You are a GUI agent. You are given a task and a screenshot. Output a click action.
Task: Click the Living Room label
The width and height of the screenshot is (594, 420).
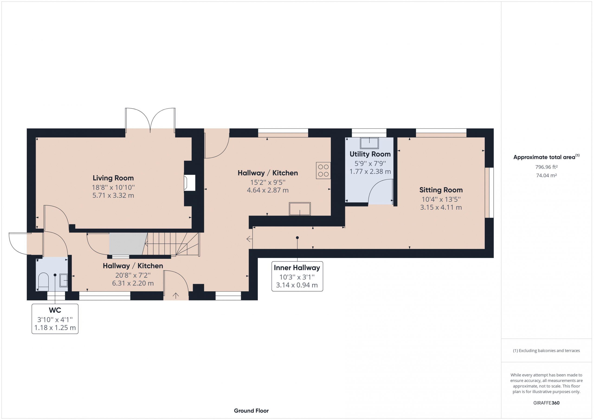click(113, 178)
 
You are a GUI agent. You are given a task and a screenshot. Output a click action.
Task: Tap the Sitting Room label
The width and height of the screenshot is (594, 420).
click(441, 190)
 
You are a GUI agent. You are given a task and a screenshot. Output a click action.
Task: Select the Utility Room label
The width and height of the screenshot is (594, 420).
click(370, 154)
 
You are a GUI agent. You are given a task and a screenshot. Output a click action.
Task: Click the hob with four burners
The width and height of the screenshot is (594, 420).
click(323, 170)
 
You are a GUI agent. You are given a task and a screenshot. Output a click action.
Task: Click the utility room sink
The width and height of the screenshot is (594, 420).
click(369, 143)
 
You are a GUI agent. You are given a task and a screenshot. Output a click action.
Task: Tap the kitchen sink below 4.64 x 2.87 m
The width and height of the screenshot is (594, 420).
click(300, 209)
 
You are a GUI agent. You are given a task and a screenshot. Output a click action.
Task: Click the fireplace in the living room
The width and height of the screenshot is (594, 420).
click(189, 183)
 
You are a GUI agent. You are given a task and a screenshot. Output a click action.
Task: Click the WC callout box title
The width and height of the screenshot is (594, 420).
click(55, 310)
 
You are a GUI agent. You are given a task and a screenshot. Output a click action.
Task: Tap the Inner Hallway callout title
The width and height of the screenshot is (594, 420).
click(297, 268)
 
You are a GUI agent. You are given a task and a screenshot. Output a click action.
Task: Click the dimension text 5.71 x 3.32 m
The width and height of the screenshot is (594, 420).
click(113, 196)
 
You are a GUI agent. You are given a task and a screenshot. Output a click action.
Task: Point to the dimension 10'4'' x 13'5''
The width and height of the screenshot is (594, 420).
click(441, 199)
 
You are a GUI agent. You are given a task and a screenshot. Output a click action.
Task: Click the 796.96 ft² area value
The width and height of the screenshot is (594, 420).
click(546, 167)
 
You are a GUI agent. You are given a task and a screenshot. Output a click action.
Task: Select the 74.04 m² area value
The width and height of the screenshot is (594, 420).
click(546, 175)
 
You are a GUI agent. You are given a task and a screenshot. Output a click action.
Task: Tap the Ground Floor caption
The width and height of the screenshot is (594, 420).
click(251, 411)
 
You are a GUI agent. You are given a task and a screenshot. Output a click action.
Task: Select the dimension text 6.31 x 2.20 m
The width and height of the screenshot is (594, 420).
click(133, 283)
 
